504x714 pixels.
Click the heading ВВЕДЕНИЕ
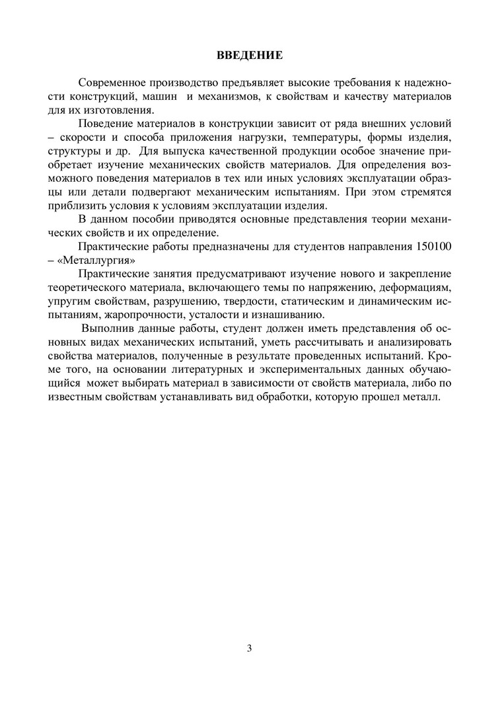tap(250, 55)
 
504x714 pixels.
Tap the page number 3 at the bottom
tap(250, 648)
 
